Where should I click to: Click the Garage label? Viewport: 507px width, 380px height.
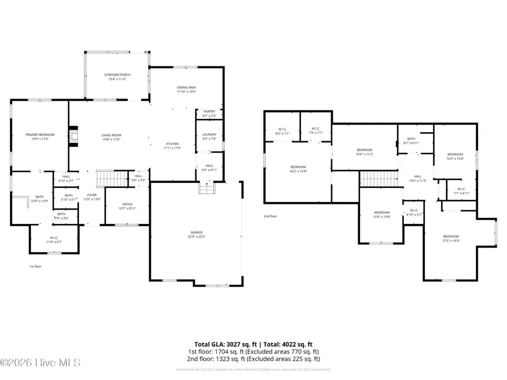click(196, 234)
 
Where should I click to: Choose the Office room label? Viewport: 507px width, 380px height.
click(127, 206)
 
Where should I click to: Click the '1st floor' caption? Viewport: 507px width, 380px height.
click(35, 266)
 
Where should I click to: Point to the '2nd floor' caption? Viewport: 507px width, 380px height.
click(270, 216)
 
